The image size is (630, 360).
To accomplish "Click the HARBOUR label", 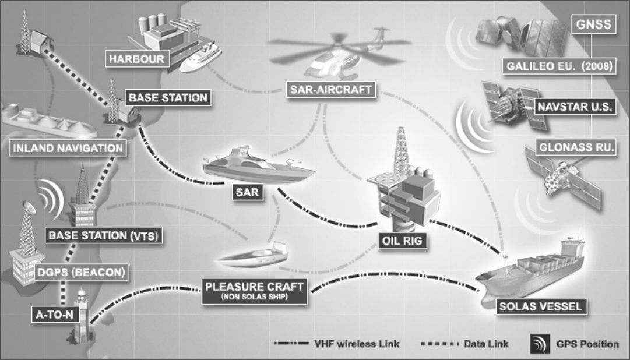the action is [133, 59].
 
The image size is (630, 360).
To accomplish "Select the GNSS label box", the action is [591, 25].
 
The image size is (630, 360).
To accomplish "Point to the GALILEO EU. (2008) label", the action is [558, 66].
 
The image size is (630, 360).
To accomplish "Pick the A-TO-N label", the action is [52, 315].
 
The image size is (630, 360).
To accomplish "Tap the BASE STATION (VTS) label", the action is [104, 236].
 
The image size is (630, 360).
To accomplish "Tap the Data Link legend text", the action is [483, 344].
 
